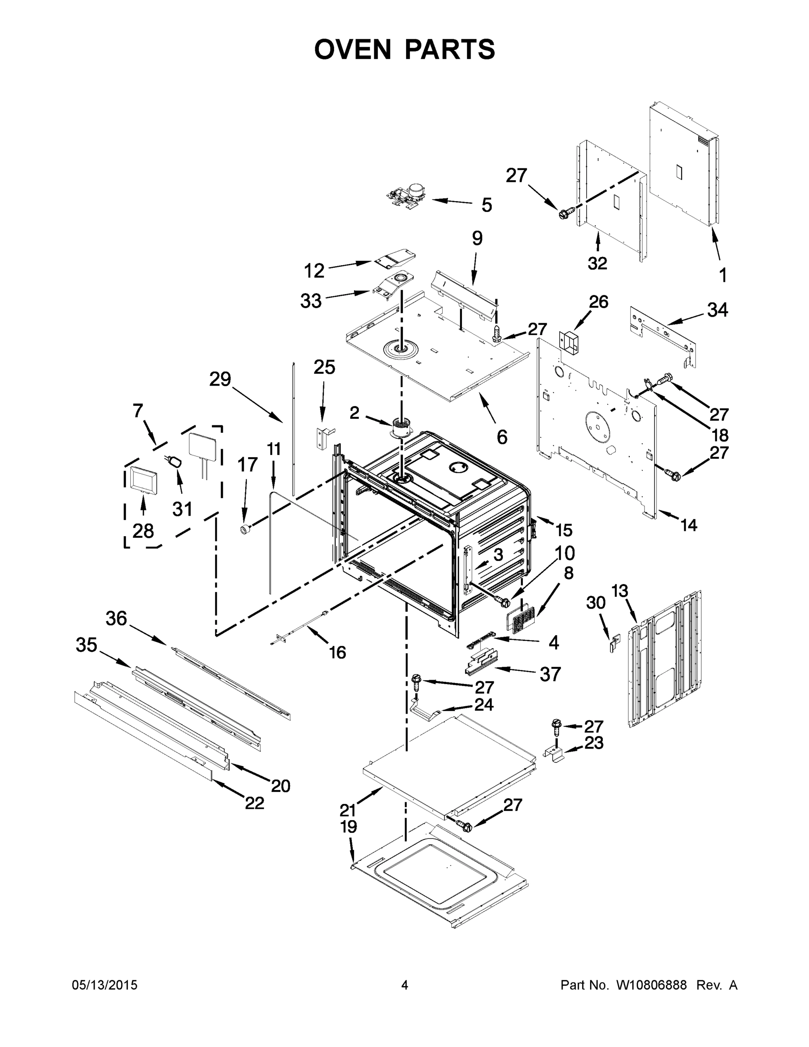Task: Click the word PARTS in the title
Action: tap(450, 49)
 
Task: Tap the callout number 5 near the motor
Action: tap(486, 205)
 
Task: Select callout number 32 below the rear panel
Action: tap(597, 263)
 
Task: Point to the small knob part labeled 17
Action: tap(246, 529)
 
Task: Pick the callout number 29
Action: tap(220, 379)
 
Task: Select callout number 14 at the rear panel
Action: tap(689, 525)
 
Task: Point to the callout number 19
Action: tap(348, 827)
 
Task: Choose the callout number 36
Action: tap(116, 619)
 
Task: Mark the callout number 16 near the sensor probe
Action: tap(338, 652)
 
